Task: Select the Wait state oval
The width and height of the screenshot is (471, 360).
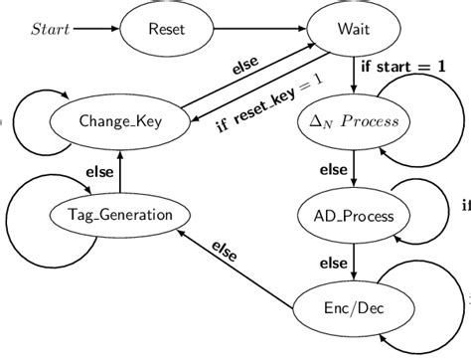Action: click(348, 30)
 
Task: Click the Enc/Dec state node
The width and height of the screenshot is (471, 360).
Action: click(349, 308)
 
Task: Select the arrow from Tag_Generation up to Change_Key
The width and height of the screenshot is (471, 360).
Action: click(118, 169)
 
